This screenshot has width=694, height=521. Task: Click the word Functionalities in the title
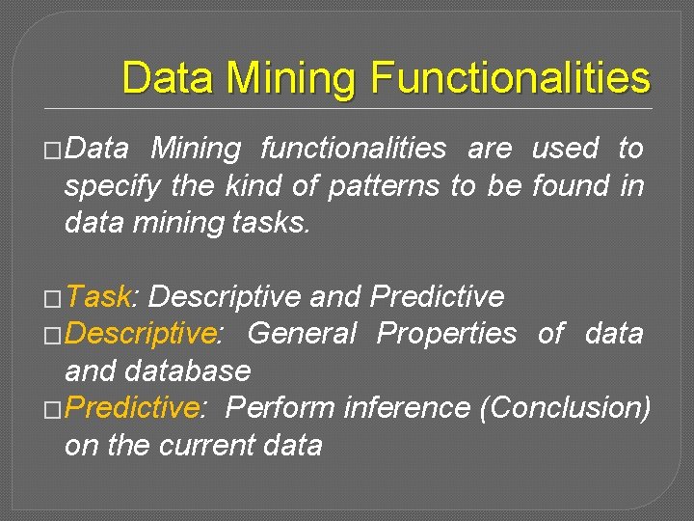point(510,77)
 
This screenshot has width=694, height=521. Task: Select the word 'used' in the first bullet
point(564,149)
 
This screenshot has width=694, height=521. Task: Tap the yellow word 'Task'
point(100,296)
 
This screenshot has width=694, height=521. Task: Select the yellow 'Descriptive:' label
point(144,334)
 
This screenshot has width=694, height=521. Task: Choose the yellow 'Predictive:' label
point(134,408)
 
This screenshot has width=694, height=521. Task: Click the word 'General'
point(302,334)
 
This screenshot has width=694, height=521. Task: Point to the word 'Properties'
point(446,334)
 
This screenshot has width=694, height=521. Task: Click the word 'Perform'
point(280,408)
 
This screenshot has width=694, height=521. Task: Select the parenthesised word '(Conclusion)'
point(565,408)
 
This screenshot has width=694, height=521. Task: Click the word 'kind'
point(254,185)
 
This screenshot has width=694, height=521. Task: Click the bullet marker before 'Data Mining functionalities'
point(53,151)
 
